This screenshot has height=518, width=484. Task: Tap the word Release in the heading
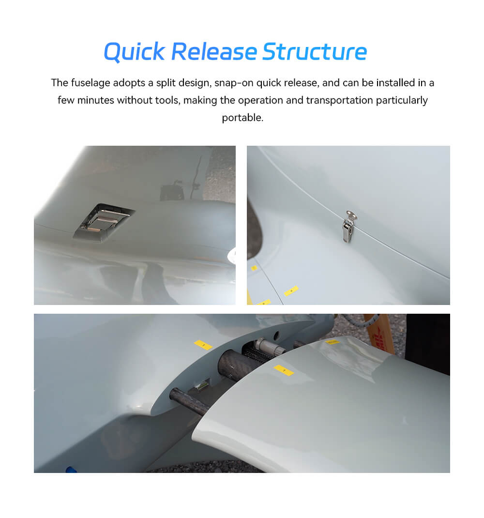tap(214, 52)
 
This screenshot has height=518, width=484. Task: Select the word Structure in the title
tap(315, 52)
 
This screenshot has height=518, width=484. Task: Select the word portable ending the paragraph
tap(242, 118)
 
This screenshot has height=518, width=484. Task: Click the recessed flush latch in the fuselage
tap(103, 221)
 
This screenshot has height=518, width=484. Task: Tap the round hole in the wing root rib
tap(276, 335)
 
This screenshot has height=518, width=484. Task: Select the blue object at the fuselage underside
tap(72, 469)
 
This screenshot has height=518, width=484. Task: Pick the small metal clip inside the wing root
tap(202, 386)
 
